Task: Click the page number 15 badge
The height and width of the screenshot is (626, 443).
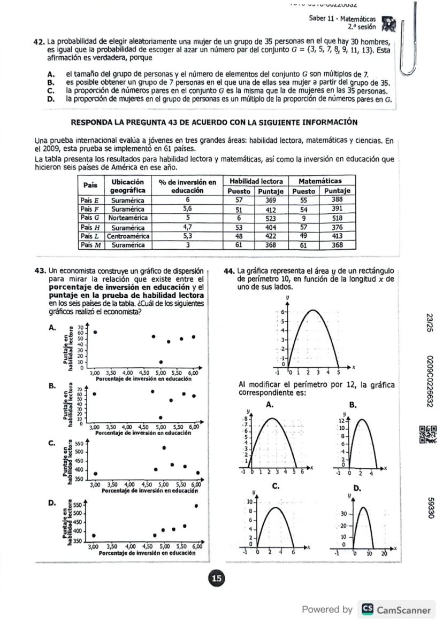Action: (x=217, y=578)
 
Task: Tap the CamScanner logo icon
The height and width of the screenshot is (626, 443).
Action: (x=368, y=609)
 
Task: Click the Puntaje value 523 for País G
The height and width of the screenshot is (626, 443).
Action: (x=270, y=218)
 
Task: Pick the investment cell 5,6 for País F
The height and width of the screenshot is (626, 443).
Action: (x=187, y=209)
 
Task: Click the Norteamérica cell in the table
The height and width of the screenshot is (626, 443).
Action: (x=128, y=218)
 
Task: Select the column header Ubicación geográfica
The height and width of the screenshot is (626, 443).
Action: (x=128, y=186)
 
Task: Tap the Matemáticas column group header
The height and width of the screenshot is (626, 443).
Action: (x=320, y=181)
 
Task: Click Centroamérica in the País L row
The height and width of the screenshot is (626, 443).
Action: (x=128, y=236)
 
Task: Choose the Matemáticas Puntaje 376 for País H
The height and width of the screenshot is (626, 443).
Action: (x=337, y=227)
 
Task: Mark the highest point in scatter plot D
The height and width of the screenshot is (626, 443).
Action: (x=196, y=506)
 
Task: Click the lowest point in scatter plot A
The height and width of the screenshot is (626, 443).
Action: (x=161, y=362)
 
